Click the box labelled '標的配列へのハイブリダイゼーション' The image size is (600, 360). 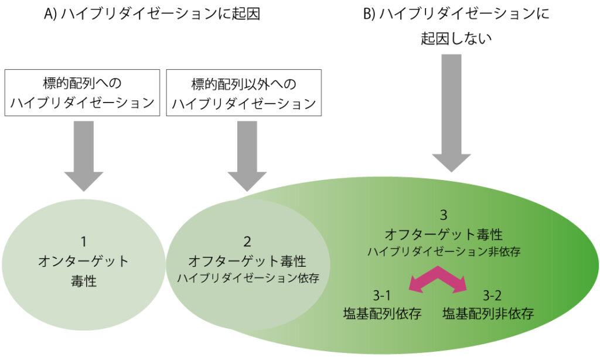pyautogui.click(x=83, y=92)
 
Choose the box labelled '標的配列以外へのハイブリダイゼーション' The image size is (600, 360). pyautogui.click(x=244, y=92)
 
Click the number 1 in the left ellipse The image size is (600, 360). pyautogui.click(x=84, y=240)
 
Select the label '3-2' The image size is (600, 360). pyautogui.click(x=490, y=294)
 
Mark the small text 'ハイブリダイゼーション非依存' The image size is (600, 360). pyautogui.click(x=444, y=251)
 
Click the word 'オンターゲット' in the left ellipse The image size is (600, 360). pyautogui.click(x=84, y=261)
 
